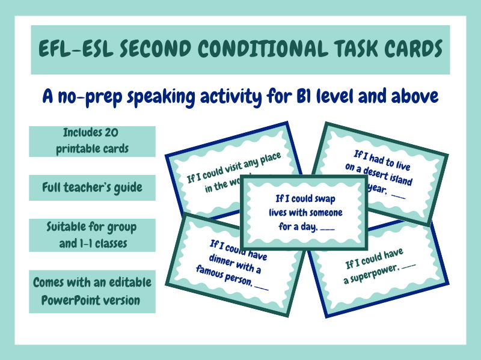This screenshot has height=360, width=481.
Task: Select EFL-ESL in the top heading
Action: [x=71, y=49]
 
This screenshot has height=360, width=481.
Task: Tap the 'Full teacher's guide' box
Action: [x=92, y=188]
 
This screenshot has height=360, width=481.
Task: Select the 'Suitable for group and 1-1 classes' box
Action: [x=92, y=234]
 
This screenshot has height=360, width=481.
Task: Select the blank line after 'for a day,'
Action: [x=328, y=229]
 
